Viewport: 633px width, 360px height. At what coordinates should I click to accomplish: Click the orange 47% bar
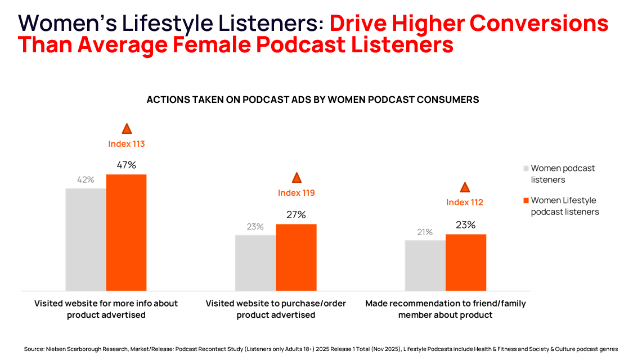[x=126, y=232]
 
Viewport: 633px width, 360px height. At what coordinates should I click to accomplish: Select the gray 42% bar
[x=86, y=239]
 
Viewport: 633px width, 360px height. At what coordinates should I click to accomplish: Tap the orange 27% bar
[x=296, y=257]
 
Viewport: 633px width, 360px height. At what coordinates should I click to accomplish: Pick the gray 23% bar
[x=255, y=263]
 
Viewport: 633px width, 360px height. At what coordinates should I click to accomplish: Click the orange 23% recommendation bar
[x=465, y=262]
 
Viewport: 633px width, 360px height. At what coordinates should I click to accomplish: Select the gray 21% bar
[x=425, y=265]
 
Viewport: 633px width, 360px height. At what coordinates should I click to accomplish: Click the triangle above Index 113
[x=127, y=129]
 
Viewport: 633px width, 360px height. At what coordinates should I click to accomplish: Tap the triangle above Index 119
[x=297, y=178]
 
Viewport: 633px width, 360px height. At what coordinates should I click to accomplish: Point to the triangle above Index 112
[x=465, y=188]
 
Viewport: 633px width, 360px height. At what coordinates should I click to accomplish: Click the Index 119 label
[x=297, y=193]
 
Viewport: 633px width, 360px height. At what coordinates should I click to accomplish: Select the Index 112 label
[x=465, y=202]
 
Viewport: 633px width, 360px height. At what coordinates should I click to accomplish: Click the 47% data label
[x=127, y=165]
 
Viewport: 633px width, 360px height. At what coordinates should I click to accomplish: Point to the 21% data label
[x=425, y=232]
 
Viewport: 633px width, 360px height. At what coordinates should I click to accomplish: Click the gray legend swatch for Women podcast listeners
[x=526, y=168]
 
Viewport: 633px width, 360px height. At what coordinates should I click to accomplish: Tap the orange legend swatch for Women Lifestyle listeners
[x=526, y=200]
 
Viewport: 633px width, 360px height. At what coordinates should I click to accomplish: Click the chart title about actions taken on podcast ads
[x=313, y=100]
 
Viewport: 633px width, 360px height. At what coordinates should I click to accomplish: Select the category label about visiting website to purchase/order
[x=276, y=309]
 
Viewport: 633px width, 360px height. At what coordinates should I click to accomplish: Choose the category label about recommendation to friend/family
[x=445, y=309]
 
